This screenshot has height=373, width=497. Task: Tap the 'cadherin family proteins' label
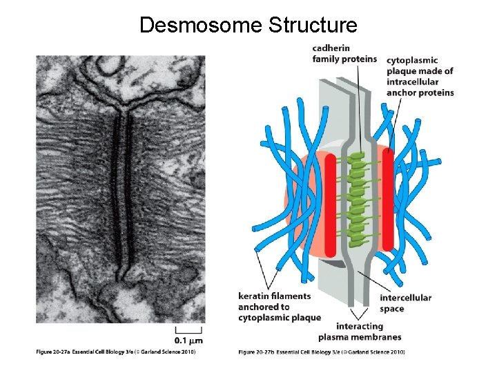tap(344, 53)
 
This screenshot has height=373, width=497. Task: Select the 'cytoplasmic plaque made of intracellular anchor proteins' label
tap(420, 77)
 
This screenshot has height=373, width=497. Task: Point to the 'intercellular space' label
tap(405, 303)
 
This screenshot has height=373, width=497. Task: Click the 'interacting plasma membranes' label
tap(359, 332)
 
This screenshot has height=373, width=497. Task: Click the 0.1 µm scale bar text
tap(188, 340)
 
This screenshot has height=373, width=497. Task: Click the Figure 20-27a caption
tap(116, 352)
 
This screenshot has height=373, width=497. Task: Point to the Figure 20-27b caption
tap(322, 352)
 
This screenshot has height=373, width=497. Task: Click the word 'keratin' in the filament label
tap(253, 296)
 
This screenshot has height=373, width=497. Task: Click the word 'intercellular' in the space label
tap(405, 298)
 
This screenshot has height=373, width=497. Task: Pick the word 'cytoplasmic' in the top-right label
tap(411, 60)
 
